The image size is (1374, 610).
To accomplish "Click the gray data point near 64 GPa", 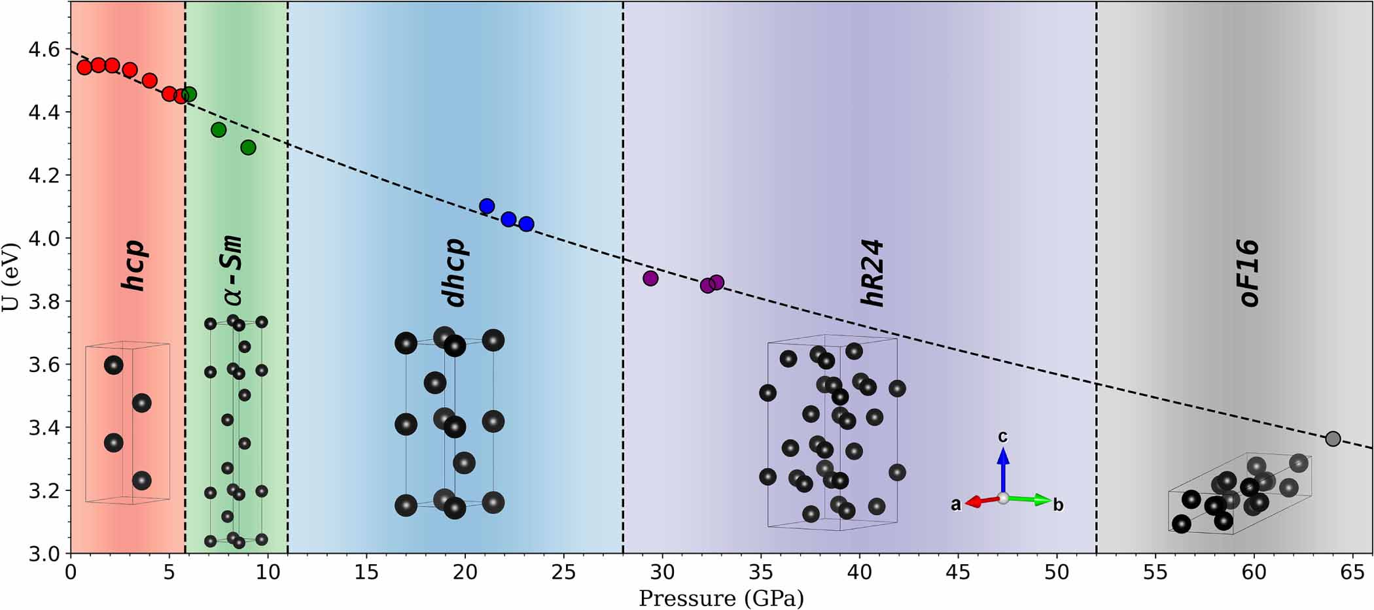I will (x=1333, y=439).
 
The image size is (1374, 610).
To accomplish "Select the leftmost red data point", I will (x=84, y=67).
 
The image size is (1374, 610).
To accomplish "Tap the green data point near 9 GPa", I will (x=248, y=148).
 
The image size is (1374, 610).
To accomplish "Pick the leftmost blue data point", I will (x=486, y=206).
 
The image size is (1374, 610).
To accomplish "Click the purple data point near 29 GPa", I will (x=650, y=278).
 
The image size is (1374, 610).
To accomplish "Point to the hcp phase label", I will (x=134, y=265).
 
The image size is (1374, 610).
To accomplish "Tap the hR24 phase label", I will (x=873, y=273).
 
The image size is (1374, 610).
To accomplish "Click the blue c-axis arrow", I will (x=1003, y=464).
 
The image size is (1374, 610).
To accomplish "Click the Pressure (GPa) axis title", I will (x=721, y=598).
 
